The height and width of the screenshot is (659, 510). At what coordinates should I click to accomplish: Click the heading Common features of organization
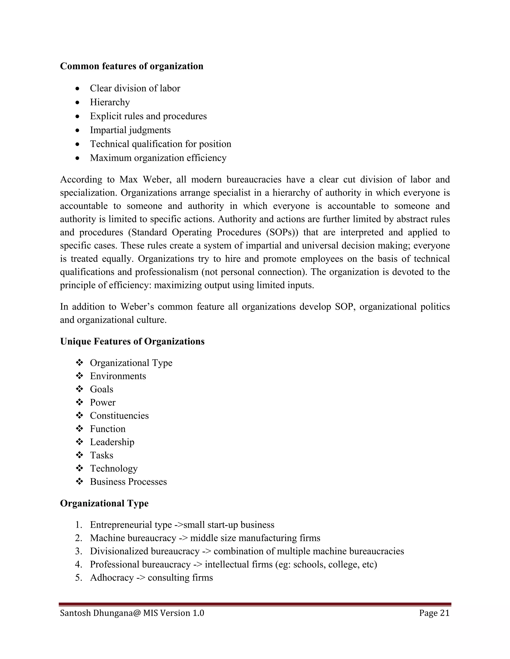(x=131, y=66)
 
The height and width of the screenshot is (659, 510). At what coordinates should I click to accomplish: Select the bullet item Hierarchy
(x=110, y=102)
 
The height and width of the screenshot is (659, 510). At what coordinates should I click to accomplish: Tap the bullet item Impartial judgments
(x=130, y=130)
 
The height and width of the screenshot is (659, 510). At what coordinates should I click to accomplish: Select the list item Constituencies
(x=119, y=416)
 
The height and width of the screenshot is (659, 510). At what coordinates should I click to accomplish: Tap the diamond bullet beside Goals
(x=79, y=389)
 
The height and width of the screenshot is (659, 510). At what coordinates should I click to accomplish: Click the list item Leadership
(x=112, y=442)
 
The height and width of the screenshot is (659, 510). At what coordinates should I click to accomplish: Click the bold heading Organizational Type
(x=104, y=503)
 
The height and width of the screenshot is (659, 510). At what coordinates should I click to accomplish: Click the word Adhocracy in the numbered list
(x=112, y=577)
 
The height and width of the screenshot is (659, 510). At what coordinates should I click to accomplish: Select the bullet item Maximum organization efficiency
(x=158, y=158)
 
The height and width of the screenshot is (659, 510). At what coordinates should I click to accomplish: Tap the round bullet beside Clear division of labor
(x=78, y=89)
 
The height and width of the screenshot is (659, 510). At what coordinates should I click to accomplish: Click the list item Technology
(x=114, y=468)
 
